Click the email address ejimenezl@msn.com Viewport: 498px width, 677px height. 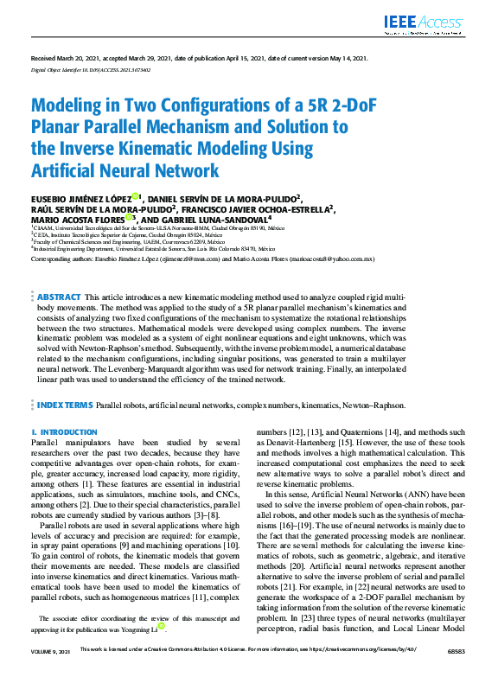tap(227, 259)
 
